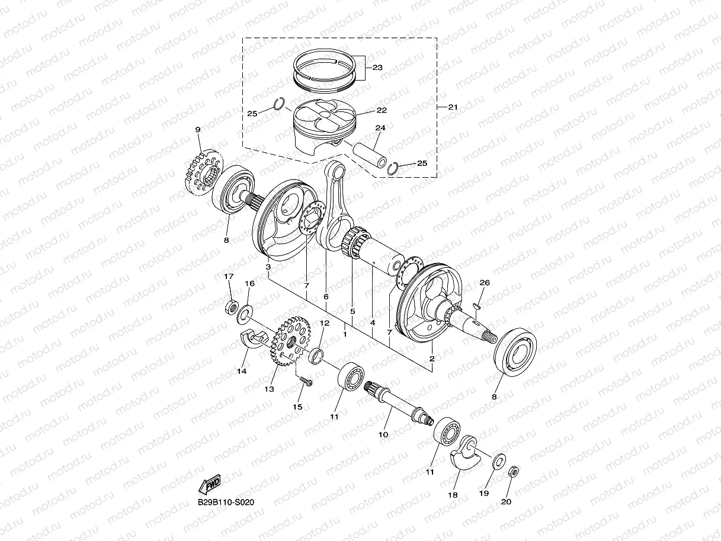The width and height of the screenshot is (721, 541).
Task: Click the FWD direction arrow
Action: tap(210, 485)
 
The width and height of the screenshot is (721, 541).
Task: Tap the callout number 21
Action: tap(453, 107)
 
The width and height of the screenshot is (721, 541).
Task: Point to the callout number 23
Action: tap(377, 68)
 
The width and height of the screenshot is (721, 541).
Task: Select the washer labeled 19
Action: tap(499, 459)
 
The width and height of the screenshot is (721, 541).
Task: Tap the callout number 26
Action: tap(485, 283)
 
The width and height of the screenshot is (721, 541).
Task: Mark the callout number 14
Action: tap(241, 372)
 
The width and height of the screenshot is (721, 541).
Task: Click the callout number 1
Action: tap(345, 335)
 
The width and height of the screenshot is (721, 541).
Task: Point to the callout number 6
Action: tap(326, 296)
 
